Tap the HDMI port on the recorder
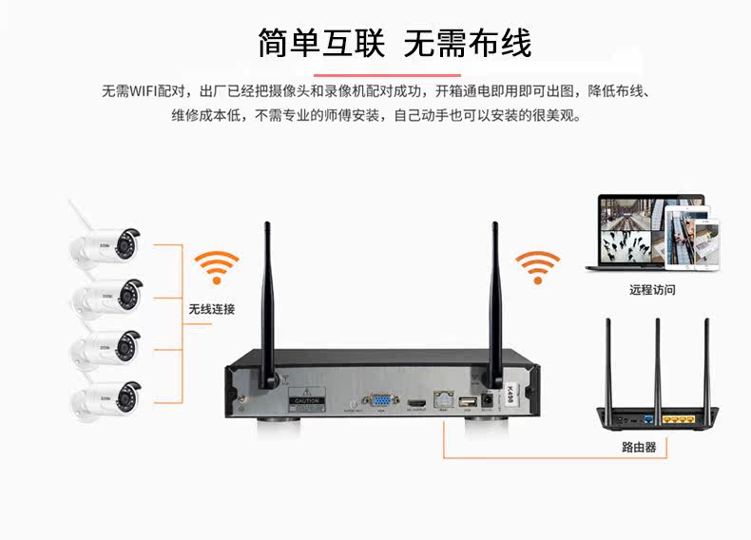[x=417, y=404]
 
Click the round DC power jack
[x=489, y=402]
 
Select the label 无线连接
[x=211, y=309]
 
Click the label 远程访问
[x=652, y=290]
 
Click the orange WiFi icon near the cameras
[x=217, y=267]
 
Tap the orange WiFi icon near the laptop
[x=537, y=267]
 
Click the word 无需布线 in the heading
[x=467, y=43]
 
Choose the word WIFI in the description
[x=144, y=91]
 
